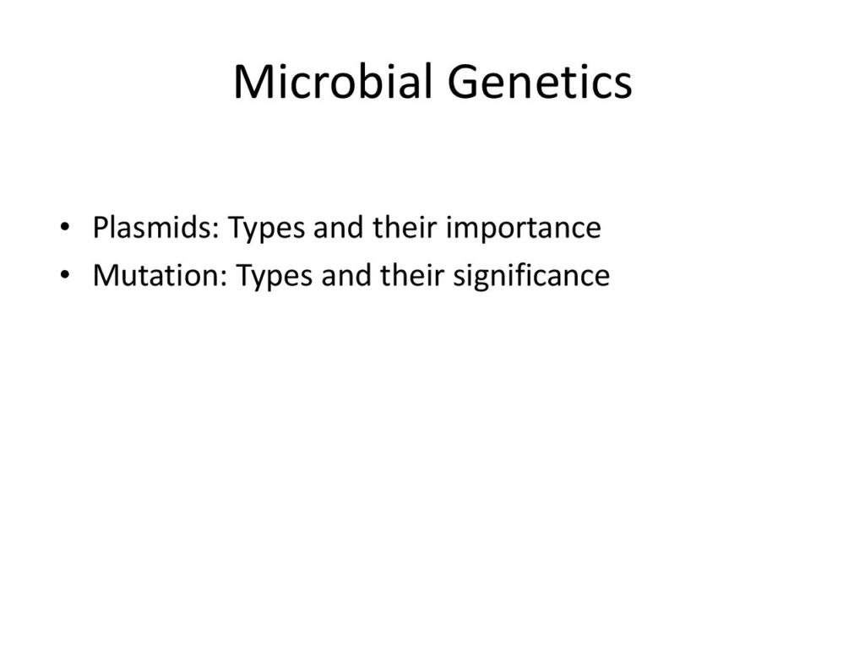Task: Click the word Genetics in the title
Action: [x=540, y=82]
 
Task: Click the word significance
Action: [x=531, y=276]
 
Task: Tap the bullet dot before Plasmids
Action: [x=65, y=226]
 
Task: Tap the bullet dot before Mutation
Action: [x=65, y=274]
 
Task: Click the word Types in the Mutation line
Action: [x=275, y=277]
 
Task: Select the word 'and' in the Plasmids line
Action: [x=339, y=227]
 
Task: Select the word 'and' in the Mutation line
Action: [x=346, y=275]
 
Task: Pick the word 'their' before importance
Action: [x=405, y=227]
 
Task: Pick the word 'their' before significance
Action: [x=412, y=275]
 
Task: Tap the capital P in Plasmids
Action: [x=101, y=227]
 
